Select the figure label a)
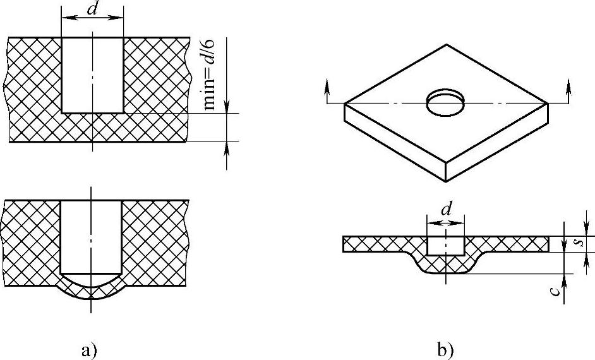pyautogui.click(x=88, y=348)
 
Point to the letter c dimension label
pyautogui.click(x=554, y=290)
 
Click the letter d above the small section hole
pyautogui.click(x=446, y=208)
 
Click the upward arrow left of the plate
pyautogui.click(x=327, y=92)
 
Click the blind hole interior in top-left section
pyautogui.click(x=92, y=75)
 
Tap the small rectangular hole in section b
pyautogui.click(x=445, y=245)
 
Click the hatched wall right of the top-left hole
pyautogui.click(x=155, y=75)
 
